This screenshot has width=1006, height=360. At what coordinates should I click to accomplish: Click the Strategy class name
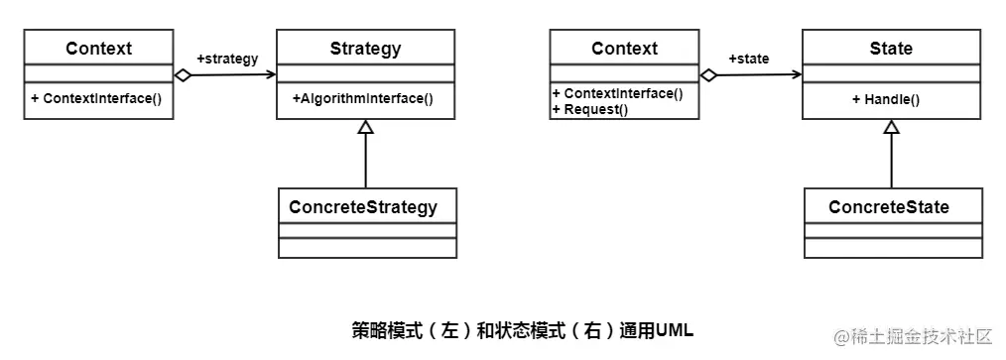pos(365,49)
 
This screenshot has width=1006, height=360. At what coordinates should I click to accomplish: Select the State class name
pos(891,49)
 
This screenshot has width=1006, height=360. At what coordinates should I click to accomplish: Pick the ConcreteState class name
pos(889,207)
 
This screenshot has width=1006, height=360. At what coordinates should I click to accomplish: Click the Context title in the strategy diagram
pos(98,49)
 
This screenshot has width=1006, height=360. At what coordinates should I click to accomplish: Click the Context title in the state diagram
pos(624,49)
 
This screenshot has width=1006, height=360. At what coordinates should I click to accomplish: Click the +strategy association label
pos(227,59)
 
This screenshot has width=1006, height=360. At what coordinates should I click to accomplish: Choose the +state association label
pos(749,59)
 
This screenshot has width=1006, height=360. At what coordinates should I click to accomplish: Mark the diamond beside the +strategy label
pos(182,74)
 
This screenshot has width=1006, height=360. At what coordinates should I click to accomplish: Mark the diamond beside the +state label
pos(707,74)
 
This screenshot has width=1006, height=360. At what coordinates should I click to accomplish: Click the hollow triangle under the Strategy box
pos(366,127)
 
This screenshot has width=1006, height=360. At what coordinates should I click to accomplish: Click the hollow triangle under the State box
pos(892,127)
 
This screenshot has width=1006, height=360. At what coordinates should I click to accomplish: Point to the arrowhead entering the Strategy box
pos(271,73)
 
